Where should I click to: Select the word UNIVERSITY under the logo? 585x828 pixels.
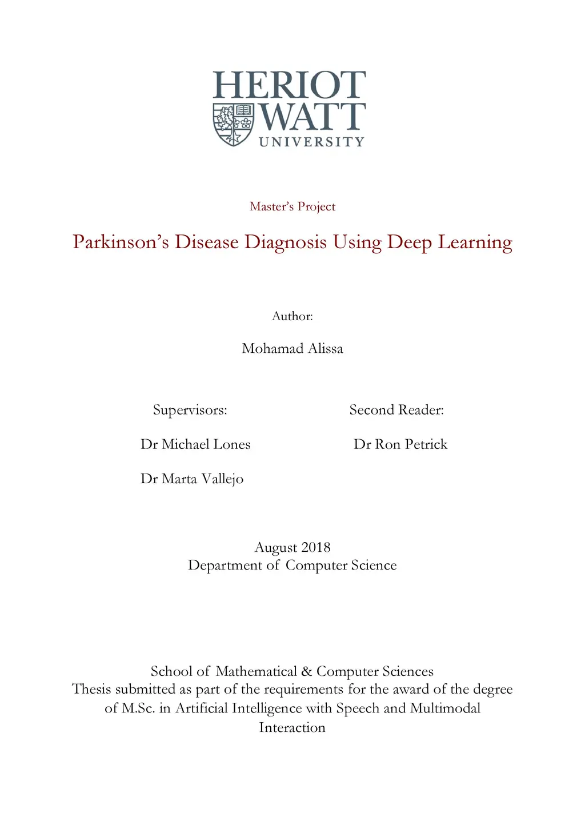(x=311, y=142)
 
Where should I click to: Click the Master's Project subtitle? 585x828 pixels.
(x=292, y=206)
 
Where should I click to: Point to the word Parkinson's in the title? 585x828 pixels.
(x=121, y=242)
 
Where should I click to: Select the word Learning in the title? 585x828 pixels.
(x=475, y=242)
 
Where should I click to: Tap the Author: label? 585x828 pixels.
(x=292, y=316)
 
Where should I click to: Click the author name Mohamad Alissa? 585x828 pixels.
(x=292, y=348)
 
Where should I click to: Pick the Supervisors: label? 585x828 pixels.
(x=190, y=410)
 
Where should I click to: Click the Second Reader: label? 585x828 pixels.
(x=396, y=410)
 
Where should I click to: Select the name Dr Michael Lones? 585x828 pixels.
(x=195, y=444)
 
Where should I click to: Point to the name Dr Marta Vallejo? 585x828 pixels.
(x=192, y=479)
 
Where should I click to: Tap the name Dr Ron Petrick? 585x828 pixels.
(x=400, y=444)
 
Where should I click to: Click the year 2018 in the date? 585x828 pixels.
(x=316, y=547)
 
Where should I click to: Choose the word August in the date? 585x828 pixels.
(x=275, y=548)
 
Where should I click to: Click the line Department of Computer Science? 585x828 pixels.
(x=292, y=565)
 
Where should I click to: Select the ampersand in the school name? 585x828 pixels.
(x=307, y=671)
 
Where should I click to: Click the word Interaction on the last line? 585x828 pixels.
(x=292, y=727)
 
